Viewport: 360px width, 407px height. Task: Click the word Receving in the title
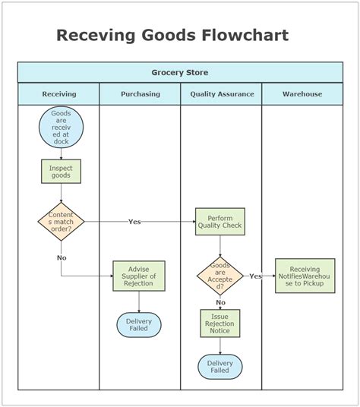click(96, 35)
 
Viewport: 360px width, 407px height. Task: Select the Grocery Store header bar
click(180, 72)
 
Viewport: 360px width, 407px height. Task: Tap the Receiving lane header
click(59, 94)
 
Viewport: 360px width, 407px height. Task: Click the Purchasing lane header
click(141, 94)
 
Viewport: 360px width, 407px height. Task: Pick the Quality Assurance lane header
click(221, 94)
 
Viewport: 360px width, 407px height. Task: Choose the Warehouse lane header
click(302, 94)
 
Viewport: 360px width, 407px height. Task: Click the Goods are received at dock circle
click(61, 127)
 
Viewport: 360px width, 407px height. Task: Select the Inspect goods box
click(61, 171)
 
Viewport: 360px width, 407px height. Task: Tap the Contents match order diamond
click(61, 220)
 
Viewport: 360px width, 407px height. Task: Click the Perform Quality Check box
click(220, 221)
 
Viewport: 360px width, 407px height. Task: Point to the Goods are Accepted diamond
click(220, 276)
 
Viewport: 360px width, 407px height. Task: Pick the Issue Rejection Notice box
click(220, 323)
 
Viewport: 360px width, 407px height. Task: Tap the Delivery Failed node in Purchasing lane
click(139, 325)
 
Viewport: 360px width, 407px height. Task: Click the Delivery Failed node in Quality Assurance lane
click(220, 367)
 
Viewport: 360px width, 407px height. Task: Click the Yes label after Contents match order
click(134, 222)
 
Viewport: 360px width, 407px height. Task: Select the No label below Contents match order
click(62, 257)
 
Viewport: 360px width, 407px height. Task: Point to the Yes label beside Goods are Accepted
click(256, 276)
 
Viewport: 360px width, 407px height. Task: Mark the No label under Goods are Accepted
click(220, 302)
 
